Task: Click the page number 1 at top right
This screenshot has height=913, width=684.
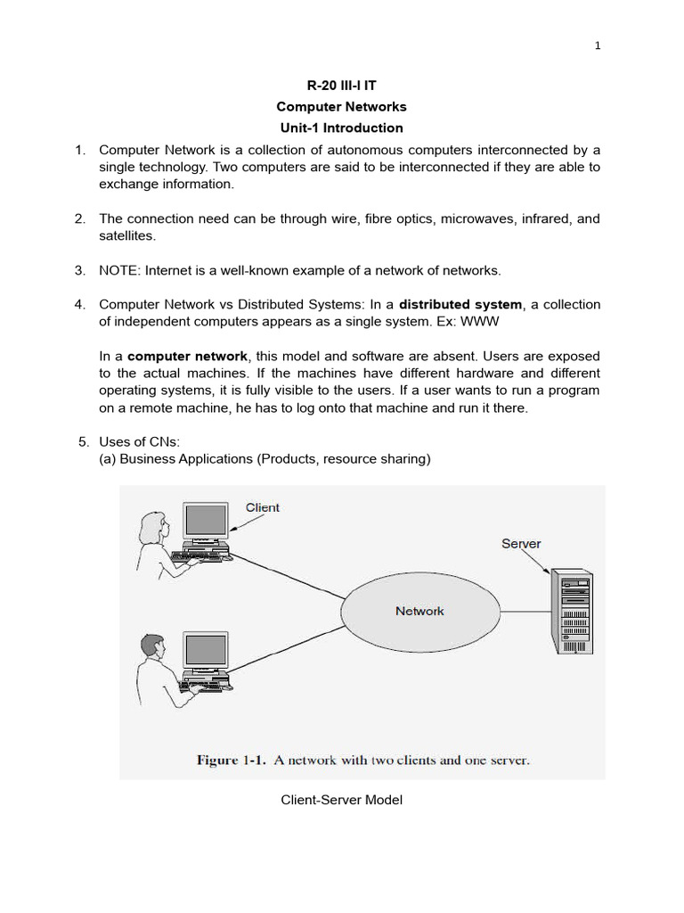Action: coord(598,47)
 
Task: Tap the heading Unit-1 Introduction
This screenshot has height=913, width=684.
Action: coord(341,127)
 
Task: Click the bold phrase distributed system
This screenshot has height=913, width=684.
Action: coord(460,305)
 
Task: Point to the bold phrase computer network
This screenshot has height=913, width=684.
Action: coord(187,356)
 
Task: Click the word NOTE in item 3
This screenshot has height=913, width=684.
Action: coord(118,270)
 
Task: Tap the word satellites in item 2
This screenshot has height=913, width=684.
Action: coord(126,235)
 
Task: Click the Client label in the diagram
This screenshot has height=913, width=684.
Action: coord(262,507)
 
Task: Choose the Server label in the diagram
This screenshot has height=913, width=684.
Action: coord(521,543)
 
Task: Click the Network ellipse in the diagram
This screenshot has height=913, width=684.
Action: coord(419,611)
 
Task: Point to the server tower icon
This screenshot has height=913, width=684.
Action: coord(570,611)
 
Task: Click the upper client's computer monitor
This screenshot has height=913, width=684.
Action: coord(206,522)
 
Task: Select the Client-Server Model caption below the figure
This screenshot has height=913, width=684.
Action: coord(341,800)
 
